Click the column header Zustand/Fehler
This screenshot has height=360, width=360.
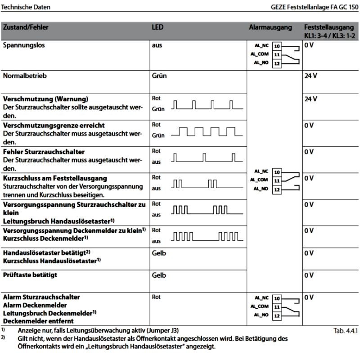pos(26,28)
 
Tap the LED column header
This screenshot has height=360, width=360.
pos(157,28)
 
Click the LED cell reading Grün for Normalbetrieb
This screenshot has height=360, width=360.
pos(159,76)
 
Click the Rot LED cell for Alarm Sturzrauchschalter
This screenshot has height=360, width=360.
pos(157,297)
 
